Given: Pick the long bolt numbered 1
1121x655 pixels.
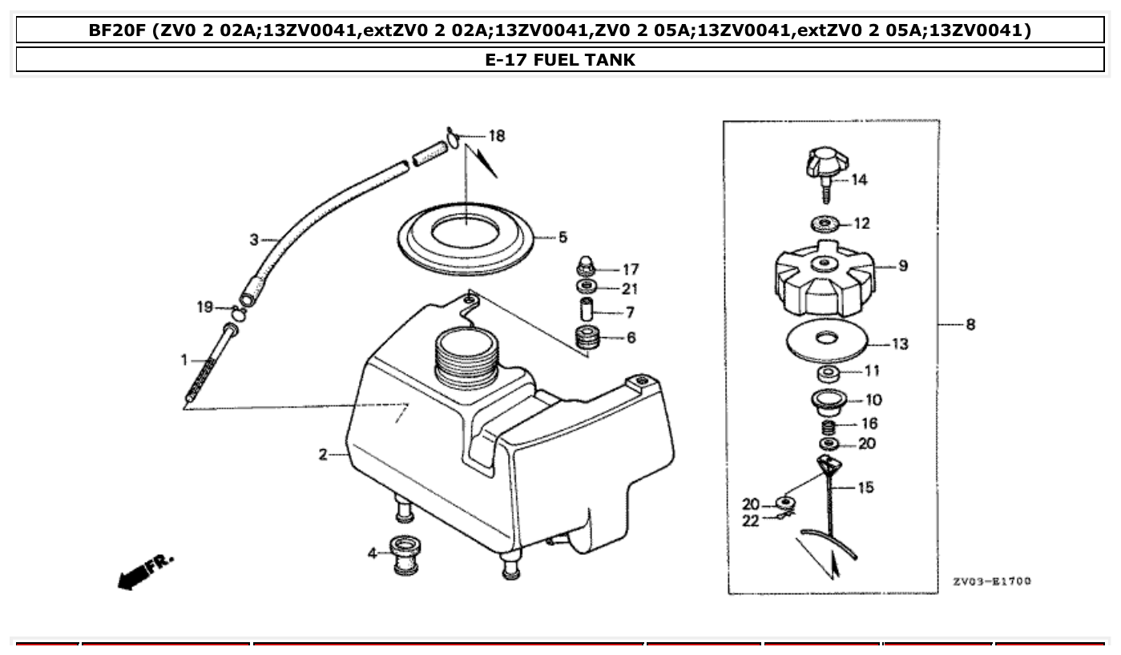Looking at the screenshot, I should pyautogui.click(x=211, y=364).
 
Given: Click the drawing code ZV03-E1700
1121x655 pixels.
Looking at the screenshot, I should pyautogui.click(x=991, y=581).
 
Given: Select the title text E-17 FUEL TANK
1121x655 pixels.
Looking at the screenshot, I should pyautogui.click(x=559, y=59).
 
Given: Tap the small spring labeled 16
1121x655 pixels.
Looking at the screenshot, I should pyautogui.click(x=829, y=426).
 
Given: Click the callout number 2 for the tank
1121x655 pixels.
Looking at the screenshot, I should pyautogui.click(x=322, y=455).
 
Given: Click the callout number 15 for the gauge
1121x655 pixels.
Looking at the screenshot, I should pyautogui.click(x=865, y=487).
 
